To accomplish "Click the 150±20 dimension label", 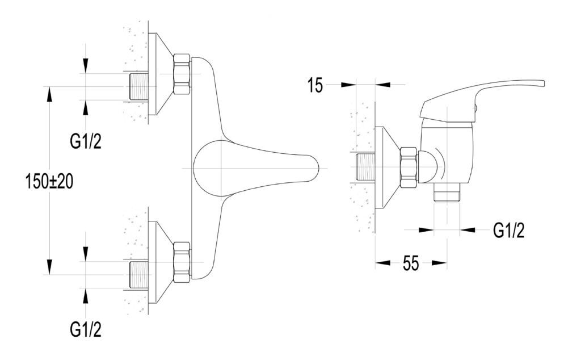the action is (x=49, y=181).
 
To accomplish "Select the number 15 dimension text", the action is (x=315, y=86).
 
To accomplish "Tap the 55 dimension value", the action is (x=411, y=263).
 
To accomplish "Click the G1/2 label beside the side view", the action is (x=509, y=230).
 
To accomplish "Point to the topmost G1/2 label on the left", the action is (x=86, y=141).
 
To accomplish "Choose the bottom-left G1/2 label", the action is (x=86, y=329).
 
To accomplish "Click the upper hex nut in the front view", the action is (x=182, y=74).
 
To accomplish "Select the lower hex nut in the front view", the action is (x=182, y=262).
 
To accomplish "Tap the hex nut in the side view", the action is (x=409, y=168).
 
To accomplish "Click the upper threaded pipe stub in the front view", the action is (x=140, y=86).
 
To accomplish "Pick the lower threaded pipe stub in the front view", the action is (x=140, y=275).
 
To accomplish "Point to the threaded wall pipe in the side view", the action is (x=365, y=168).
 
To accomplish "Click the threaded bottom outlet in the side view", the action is (x=447, y=192).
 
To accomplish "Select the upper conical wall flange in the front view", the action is (x=161, y=74).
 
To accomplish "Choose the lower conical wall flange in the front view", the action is (x=161, y=262).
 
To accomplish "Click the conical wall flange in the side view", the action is (x=388, y=168).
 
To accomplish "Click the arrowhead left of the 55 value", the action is (x=383, y=263).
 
